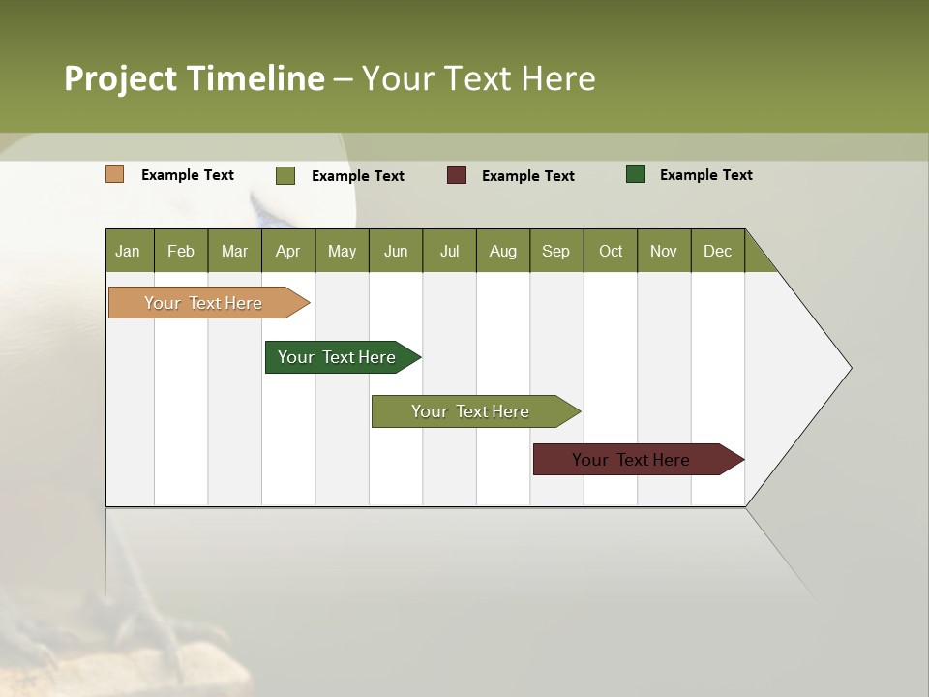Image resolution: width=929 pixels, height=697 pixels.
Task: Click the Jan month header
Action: click(x=128, y=251)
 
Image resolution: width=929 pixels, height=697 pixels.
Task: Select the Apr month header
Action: click(x=287, y=251)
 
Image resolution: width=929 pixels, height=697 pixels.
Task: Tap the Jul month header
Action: click(x=449, y=251)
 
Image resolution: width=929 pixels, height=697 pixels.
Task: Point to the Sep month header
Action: click(x=555, y=251)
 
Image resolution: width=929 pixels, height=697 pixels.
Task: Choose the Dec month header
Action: click(x=717, y=251)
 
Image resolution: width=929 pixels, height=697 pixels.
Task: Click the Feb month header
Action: click(x=181, y=251)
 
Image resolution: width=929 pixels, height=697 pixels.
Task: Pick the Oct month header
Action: click(x=611, y=251)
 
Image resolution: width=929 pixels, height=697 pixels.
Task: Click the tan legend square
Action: click(x=115, y=174)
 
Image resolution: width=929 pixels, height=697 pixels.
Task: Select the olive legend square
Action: click(x=285, y=175)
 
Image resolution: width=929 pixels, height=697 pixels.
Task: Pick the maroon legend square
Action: click(x=457, y=175)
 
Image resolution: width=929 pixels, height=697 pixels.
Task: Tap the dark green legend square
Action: click(x=636, y=174)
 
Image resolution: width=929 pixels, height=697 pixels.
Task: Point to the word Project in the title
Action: click(x=120, y=78)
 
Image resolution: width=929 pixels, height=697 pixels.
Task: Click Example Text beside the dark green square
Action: click(x=705, y=175)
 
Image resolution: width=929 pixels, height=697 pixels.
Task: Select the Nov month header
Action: click(x=664, y=251)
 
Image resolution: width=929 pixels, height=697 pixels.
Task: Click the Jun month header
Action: click(x=396, y=251)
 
